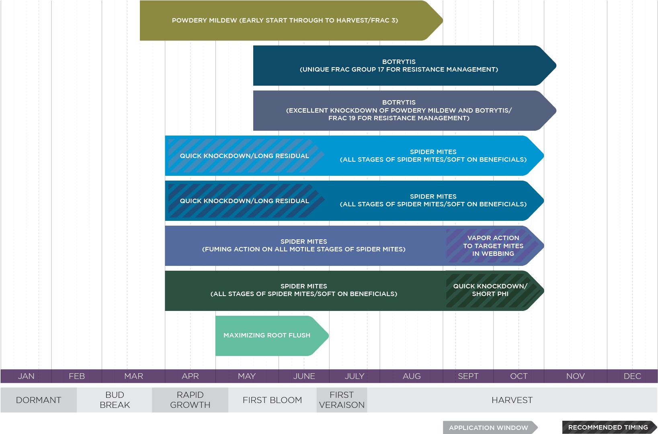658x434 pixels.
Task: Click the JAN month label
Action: pos(26,376)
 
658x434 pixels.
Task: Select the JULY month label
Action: pos(355,376)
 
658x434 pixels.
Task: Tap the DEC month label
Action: pos(632,376)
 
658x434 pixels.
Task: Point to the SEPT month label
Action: pos(468,376)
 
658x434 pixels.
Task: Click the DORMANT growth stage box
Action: pos(39,400)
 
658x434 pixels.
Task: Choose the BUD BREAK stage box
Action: pos(115,400)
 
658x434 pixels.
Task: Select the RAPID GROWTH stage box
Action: pos(190,400)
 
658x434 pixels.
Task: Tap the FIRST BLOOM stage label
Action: pos(272,400)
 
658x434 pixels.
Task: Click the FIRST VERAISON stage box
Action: pos(342,400)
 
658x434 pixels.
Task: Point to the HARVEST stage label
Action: pos(512,400)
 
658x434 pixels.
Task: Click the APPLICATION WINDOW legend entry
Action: pos(488,428)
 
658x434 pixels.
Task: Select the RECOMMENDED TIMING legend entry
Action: pos(608,427)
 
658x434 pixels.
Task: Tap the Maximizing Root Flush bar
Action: pos(267,335)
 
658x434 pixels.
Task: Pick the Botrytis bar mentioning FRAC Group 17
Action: pos(399,66)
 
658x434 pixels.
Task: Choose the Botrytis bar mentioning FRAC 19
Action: pos(399,110)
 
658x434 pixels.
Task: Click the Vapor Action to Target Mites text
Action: pos(493,246)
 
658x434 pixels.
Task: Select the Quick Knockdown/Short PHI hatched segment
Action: pos(490,290)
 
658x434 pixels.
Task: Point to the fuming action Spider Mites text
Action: pos(303,245)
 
